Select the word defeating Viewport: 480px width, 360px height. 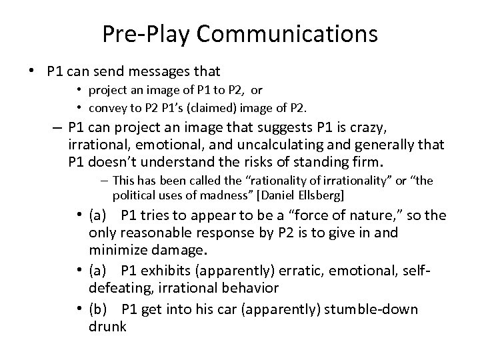(x=117, y=288)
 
